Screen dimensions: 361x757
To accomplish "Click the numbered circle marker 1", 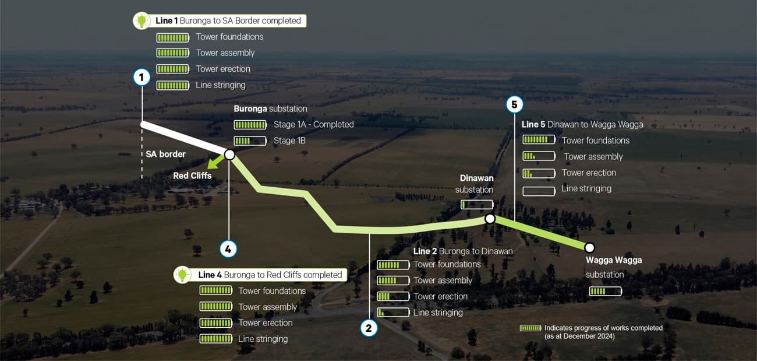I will click(x=142, y=76).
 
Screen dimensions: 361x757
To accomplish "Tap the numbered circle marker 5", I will click(x=514, y=104).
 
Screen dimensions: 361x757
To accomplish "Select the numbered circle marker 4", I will click(x=228, y=249).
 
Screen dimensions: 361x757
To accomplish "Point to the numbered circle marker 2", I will click(x=369, y=328).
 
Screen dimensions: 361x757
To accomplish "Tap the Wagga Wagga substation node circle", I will click(x=589, y=247).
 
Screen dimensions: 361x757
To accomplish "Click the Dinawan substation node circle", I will click(x=490, y=219).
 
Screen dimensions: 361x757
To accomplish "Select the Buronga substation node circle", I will click(x=229, y=155).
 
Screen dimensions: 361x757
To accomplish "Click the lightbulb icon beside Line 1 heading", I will click(x=142, y=21).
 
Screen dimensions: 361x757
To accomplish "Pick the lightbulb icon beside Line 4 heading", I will click(x=182, y=275).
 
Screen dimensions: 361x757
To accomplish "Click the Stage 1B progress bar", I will click(x=250, y=141).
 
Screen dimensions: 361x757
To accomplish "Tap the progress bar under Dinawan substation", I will click(x=477, y=205).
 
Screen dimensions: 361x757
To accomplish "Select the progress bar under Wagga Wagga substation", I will click(x=605, y=291).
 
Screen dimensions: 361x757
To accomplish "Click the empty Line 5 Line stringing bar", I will click(x=539, y=191).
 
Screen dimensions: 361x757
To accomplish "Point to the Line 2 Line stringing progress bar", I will click(x=393, y=313).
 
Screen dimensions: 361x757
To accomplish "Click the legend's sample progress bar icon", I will click(x=530, y=328).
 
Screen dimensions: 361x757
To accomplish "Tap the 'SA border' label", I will click(x=165, y=155).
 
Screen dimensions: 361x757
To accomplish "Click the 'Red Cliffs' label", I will click(x=192, y=176).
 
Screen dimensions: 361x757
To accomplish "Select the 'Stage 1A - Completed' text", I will click(x=313, y=124).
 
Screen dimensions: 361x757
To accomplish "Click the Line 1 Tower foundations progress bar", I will click(x=173, y=37).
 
